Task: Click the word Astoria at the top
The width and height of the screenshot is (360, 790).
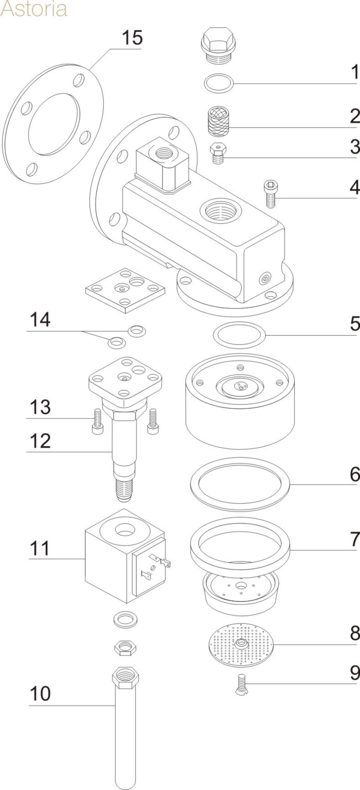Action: [x=34, y=9]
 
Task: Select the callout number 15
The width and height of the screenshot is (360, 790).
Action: [x=132, y=37]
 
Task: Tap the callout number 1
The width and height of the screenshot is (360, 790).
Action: [x=355, y=73]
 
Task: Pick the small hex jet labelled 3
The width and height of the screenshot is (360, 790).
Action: [x=217, y=153]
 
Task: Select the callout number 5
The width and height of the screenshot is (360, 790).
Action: [x=355, y=324]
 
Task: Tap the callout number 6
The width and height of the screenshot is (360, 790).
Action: [x=355, y=474]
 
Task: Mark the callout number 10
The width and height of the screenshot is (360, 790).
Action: [x=40, y=694]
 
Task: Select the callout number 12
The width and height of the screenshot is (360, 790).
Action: [x=40, y=442]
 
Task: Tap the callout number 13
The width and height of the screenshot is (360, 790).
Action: [x=40, y=407]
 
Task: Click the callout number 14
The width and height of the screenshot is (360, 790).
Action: [x=40, y=321]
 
